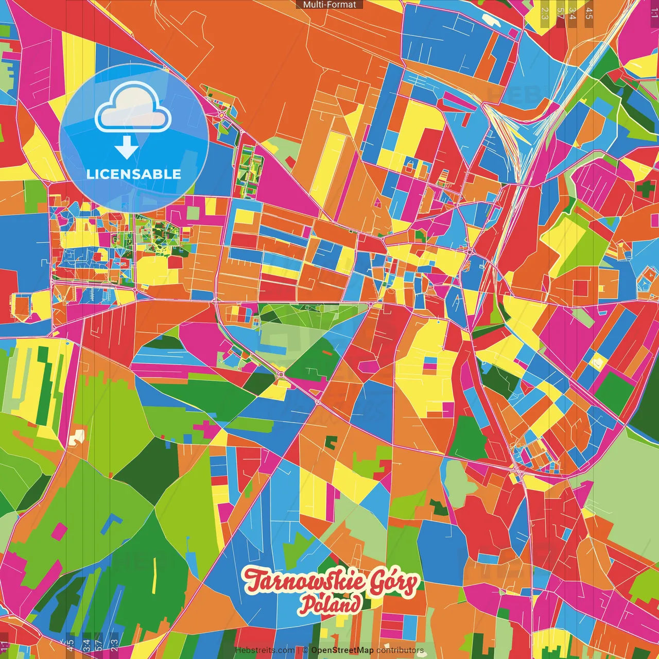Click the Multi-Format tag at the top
(329, 5)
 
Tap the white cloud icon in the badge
(133, 109)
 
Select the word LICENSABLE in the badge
(134, 174)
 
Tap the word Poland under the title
(330, 605)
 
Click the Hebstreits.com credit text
(265, 650)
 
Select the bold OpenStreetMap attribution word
(342, 650)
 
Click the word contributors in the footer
(400, 650)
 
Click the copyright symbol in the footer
(305, 650)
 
